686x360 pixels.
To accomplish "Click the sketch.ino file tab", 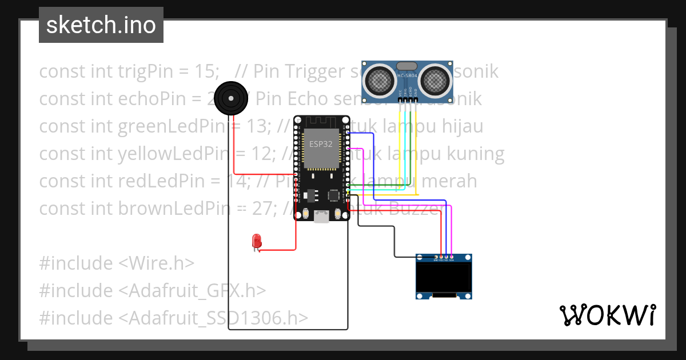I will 101,25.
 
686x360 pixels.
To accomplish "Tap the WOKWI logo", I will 607,315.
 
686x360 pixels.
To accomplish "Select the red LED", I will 257,241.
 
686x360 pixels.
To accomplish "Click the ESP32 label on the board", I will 321,144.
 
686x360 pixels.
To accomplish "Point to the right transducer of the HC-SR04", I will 436,80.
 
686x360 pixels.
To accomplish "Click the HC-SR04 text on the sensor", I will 408,75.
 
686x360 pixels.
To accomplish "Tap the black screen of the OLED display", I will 444,277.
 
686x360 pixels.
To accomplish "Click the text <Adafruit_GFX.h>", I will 193,291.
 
